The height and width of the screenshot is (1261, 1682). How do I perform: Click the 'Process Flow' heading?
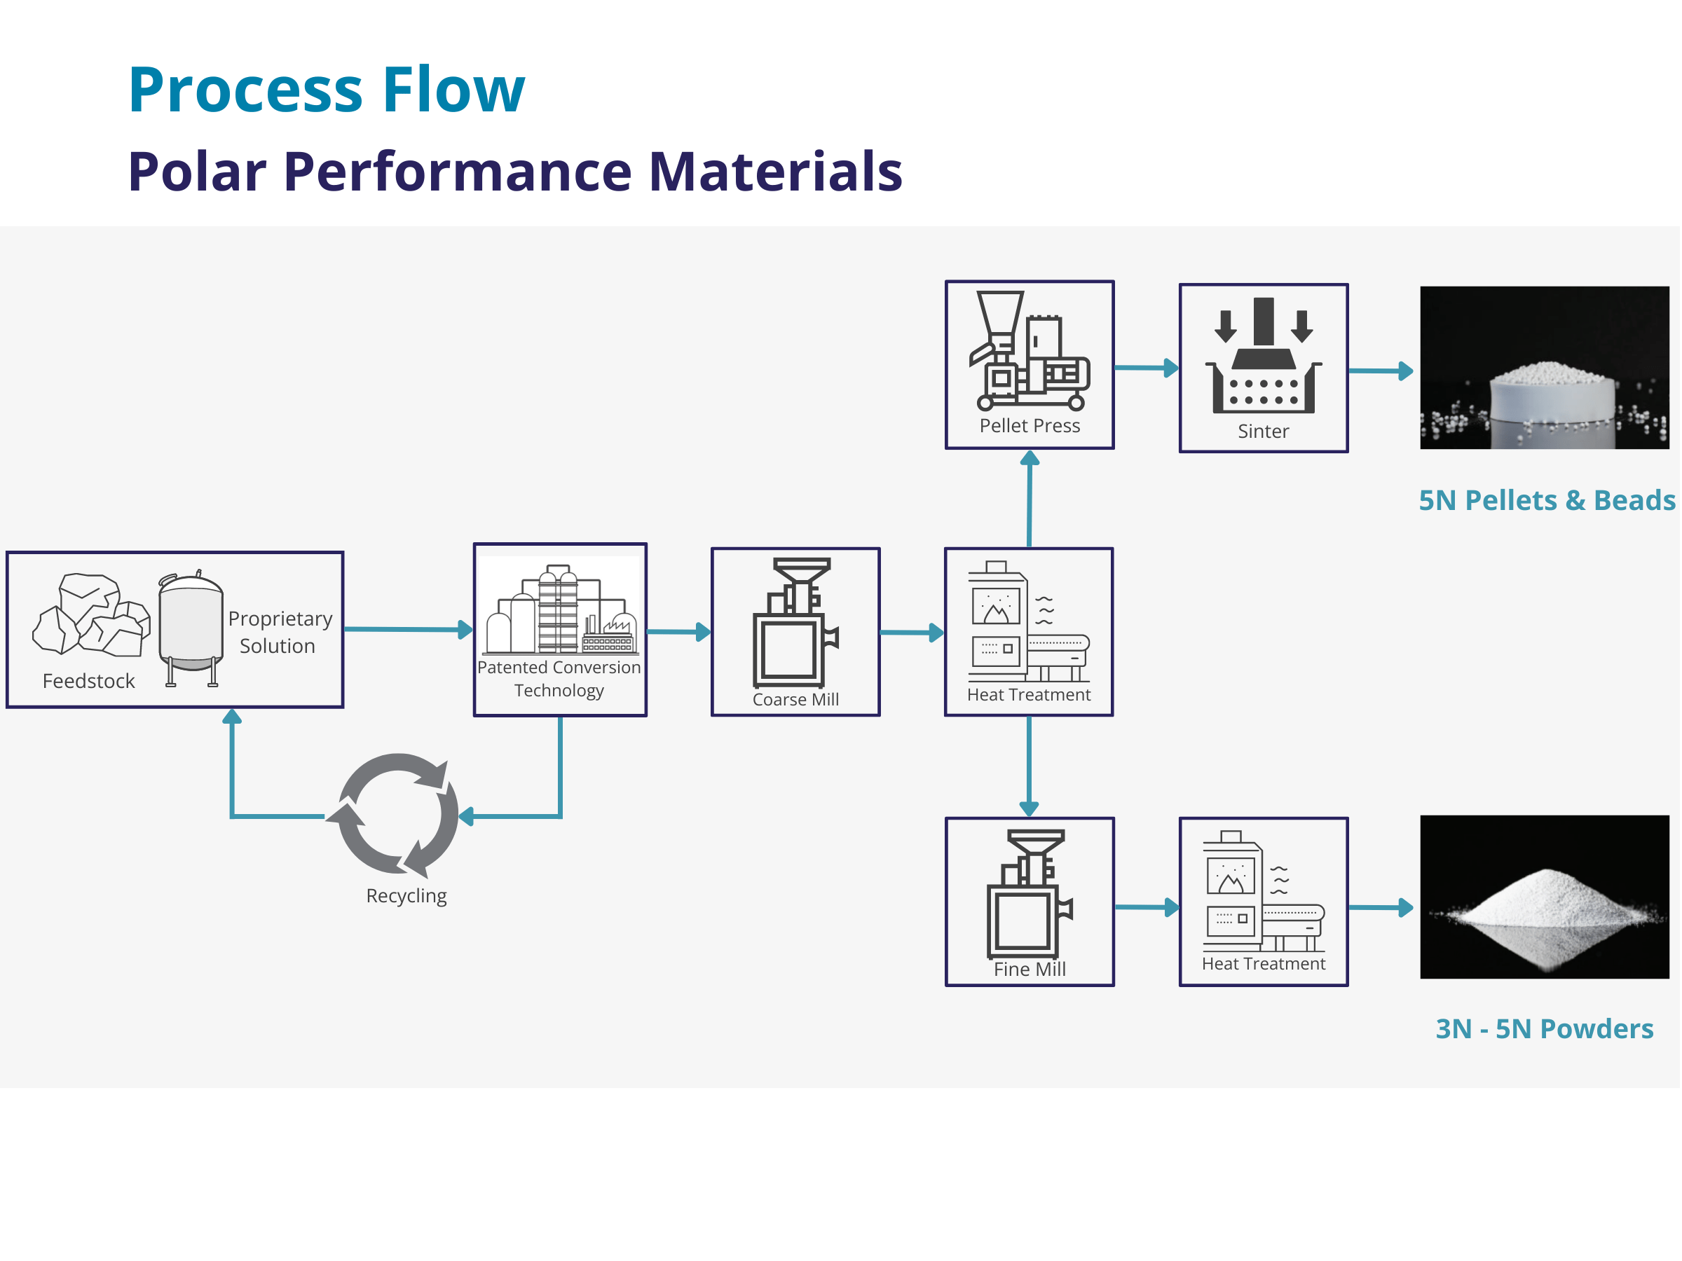click(x=326, y=90)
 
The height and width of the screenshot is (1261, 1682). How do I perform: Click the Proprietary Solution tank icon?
click(x=190, y=628)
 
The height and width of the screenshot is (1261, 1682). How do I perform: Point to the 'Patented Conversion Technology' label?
click(x=559, y=679)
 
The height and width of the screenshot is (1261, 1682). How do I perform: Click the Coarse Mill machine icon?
click(x=795, y=623)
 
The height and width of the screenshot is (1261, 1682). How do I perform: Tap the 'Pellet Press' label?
click(x=1030, y=426)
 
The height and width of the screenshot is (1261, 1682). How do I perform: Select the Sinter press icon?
click(x=1263, y=355)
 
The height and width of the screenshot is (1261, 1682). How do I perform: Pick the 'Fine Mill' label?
click(x=1030, y=969)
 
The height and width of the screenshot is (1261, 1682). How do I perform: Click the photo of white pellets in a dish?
click(x=1545, y=368)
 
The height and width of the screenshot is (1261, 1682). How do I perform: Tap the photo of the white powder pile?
click(x=1545, y=897)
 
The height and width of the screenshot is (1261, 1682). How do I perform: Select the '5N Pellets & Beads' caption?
click(x=1547, y=500)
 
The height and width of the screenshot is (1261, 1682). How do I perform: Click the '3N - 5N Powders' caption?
click(x=1545, y=1028)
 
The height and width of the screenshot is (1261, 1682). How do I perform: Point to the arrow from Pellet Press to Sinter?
click(x=1147, y=368)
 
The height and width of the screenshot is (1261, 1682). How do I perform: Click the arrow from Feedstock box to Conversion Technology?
click(x=409, y=629)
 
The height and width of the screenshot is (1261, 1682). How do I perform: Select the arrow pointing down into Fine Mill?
click(x=1030, y=766)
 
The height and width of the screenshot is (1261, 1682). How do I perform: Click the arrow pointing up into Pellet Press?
click(x=1030, y=499)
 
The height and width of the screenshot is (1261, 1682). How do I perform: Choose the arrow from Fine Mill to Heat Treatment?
click(x=1147, y=907)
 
